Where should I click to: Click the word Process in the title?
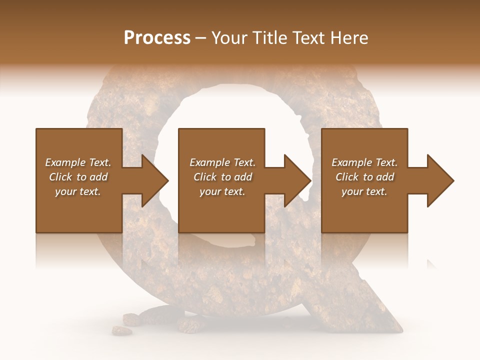click(x=157, y=38)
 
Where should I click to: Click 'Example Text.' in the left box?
click(x=78, y=162)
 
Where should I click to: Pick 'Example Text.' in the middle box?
click(x=222, y=162)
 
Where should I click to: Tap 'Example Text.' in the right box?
click(x=364, y=162)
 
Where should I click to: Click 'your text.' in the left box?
click(x=78, y=191)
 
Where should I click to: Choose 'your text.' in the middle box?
click(x=222, y=191)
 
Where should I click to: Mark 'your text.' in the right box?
click(x=364, y=191)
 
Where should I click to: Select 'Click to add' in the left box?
click(x=78, y=177)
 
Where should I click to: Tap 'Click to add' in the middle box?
click(x=222, y=177)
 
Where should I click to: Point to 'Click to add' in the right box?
click(x=364, y=177)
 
